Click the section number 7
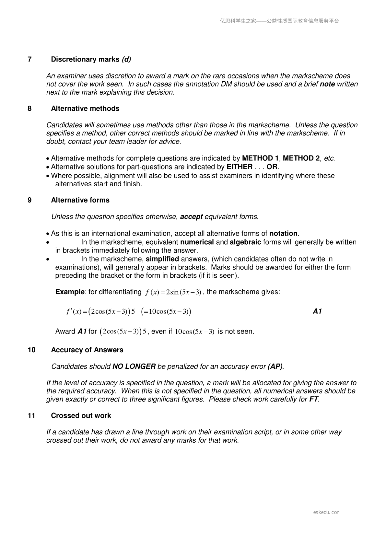(x=30, y=59)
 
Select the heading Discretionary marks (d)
(x=91, y=59)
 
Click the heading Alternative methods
(x=85, y=109)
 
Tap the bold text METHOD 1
(x=260, y=158)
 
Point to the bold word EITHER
(x=240, y=167)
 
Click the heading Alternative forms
(x=80, y=200)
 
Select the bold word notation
(x=283, y=234)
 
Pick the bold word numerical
(x=197, y=242)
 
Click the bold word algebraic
(x=245, y=242)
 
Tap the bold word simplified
(x=162, y=259)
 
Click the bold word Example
(x=70, y=292)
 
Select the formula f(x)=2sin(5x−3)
(x=174, y=292)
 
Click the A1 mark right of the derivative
(x=317, y=311)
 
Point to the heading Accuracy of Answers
(x=87, y=350)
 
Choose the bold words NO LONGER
(x=134, y=366)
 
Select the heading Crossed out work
(x=81, y=416)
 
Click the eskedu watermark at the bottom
(x=326, y=512)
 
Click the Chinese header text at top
(x=279, y=21)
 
